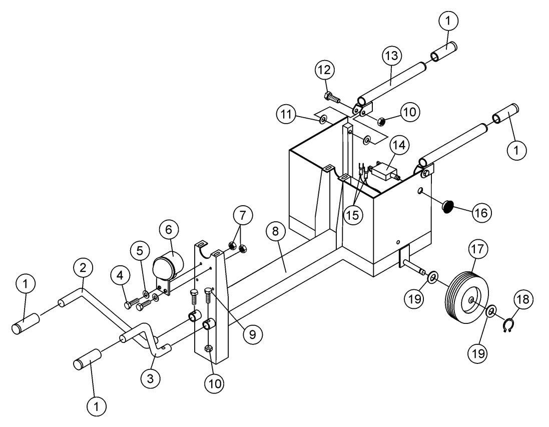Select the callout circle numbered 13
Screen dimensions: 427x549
(391, 57)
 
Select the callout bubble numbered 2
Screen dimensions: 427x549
(83, 267)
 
